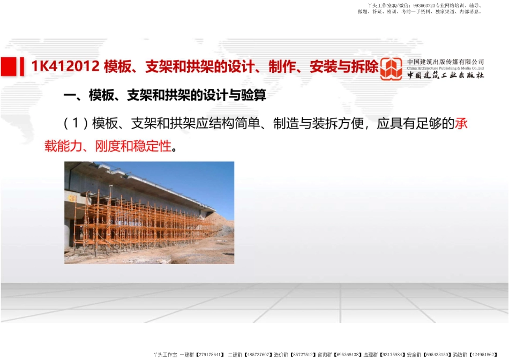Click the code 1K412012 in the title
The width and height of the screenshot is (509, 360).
[x=65, y=66]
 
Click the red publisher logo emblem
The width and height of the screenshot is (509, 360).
[x=391, y=69]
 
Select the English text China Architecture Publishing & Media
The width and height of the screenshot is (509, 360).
[x=445, y=69]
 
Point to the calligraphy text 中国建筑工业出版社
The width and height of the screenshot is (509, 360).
[x=445, y=76]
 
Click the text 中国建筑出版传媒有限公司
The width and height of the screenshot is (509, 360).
[x=445, y=62]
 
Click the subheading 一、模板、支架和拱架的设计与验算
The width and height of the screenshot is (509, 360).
[x=164, y=96]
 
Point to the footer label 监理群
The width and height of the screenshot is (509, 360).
[x=372, y=355]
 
